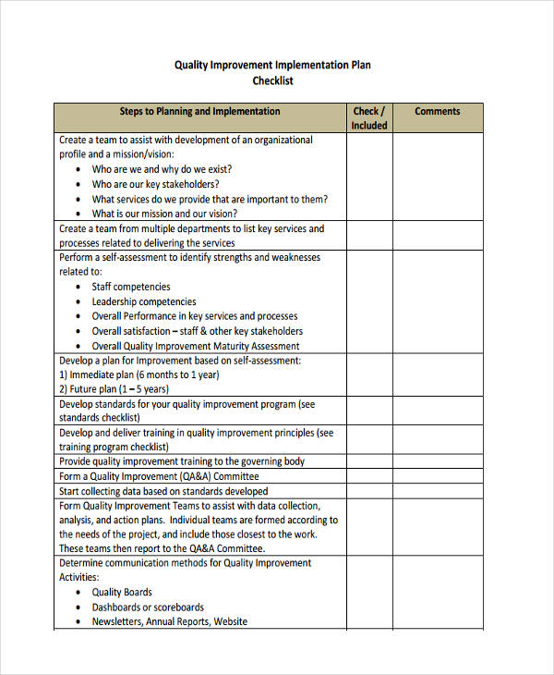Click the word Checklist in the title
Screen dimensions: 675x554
pyautogui.click(x=273, y=81)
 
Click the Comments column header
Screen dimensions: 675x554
pyautogui.click(x=437, y=111)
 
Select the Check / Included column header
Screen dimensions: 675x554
pyautogui.click(x=368, y=118)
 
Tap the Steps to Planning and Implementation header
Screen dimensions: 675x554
pyautogui.click(x=199, y=111)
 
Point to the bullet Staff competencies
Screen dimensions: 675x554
pyautogui.click(x=130, y=287)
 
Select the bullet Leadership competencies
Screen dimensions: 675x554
pyautogui.click(x=143, y=301)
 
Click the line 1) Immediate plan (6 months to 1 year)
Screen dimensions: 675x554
pyautogui.click(x=138, y=374)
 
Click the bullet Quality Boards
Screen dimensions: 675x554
pyautogui.click(x=122, y=592)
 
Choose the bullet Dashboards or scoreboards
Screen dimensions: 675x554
pyautogui.click(x=148, y=607)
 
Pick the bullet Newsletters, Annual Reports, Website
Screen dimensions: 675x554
pyautogui.click(x=169, y=621)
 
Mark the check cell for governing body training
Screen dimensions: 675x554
pyautogui.click(x=368, y=461)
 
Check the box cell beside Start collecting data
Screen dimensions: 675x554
pyautogui.click(x=368, y=491)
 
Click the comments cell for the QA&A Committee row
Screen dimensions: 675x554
pyautogui.click(x=437, y=476)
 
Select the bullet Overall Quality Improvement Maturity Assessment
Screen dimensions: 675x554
pyautogui.click(x=196, y=346)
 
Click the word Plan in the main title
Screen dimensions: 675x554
pyautogui.click(x=359, y=66)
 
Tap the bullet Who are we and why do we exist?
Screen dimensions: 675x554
pyautogui.click(x=162, y=169)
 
